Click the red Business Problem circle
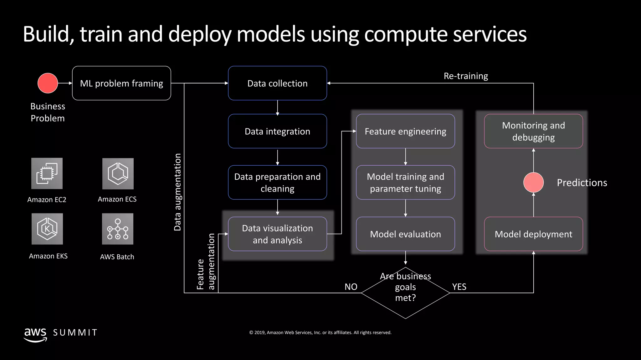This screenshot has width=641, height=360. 48,83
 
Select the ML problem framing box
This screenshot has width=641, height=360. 121,83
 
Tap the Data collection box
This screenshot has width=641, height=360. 277,83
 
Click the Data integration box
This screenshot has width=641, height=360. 277,131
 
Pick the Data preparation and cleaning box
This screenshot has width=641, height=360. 277,182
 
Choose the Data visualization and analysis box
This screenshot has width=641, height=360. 277,234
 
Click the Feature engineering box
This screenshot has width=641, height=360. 405,131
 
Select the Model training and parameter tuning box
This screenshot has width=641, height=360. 405,182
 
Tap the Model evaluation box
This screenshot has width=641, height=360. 405,234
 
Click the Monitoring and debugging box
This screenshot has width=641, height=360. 533,131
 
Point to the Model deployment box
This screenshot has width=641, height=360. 533,234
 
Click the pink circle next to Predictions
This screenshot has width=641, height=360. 533,182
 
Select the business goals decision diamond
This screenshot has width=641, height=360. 405,293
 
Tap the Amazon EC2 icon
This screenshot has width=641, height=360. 47,173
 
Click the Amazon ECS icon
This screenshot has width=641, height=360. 118,174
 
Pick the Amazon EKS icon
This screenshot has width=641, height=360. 47,229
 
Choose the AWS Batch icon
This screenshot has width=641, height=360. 118,229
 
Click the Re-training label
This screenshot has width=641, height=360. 466,76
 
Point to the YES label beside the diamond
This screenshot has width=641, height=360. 459,287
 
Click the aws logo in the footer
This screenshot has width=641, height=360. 35,334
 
